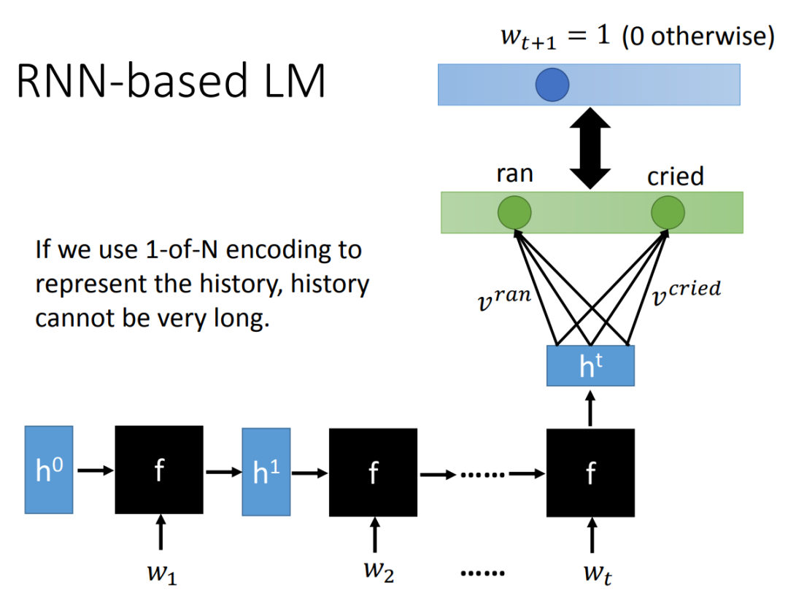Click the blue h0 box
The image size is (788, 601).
pos(49,470)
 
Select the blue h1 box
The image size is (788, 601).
pos(266,472)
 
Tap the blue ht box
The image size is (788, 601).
pos(590,366)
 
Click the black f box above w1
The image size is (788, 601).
pos(159,470)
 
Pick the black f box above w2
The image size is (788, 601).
pos(374,473)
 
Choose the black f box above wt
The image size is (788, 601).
pos(590,473)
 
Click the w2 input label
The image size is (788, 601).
pos(379,571)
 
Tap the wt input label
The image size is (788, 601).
pos(598,574)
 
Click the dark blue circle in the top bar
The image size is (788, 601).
pos(552,85)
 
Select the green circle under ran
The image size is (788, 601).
pos(514,212)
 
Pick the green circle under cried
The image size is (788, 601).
pos(668,212)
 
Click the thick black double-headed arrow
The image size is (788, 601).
pos(590,148)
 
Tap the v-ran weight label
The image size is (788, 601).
pos(504,298)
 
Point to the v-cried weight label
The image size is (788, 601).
pos(686,292)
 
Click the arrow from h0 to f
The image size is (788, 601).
pos(96,470)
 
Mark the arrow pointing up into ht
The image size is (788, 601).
pos(590,408)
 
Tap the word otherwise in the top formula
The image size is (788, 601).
pos(713,36)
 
